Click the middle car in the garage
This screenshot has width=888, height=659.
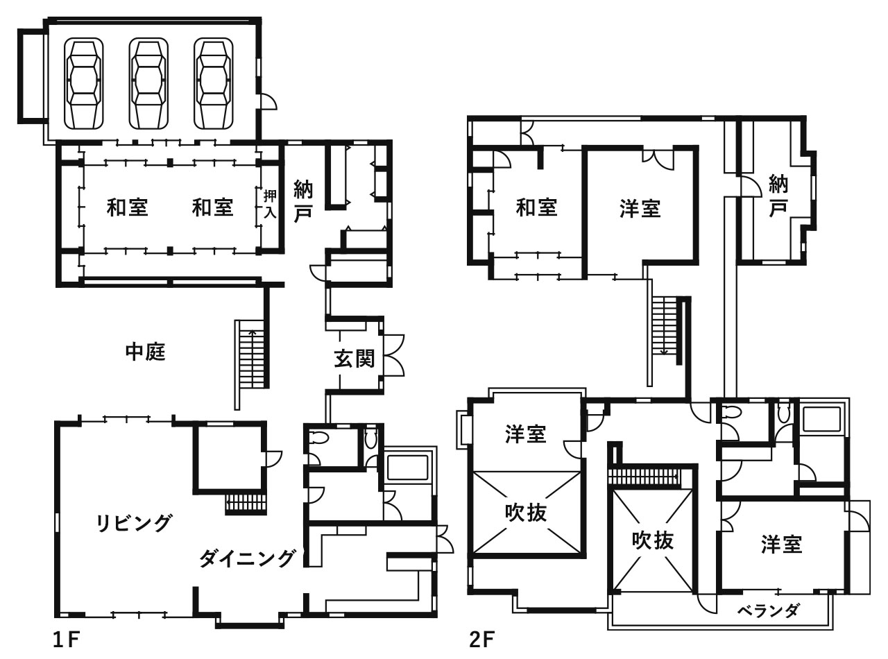tap(148, 83)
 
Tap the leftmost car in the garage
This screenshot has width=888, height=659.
tap(83, 83)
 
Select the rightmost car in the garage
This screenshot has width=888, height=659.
tap(212, 83)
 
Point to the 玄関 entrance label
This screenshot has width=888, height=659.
tap(355, 359)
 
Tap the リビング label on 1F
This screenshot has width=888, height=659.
tap(134, 523)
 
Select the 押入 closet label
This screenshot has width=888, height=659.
tap(270, 205)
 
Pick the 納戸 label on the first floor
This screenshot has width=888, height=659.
tap(303, 200)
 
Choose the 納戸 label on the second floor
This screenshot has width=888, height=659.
tap(779, 196)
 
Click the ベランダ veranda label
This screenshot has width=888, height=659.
tap(768, 611)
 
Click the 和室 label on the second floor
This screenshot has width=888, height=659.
tap(537, 207)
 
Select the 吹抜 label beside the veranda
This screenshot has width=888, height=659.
tap(653, 540)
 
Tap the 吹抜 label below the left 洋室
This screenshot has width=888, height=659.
tap(526, 513)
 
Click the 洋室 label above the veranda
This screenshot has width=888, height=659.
tap(782, 545)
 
